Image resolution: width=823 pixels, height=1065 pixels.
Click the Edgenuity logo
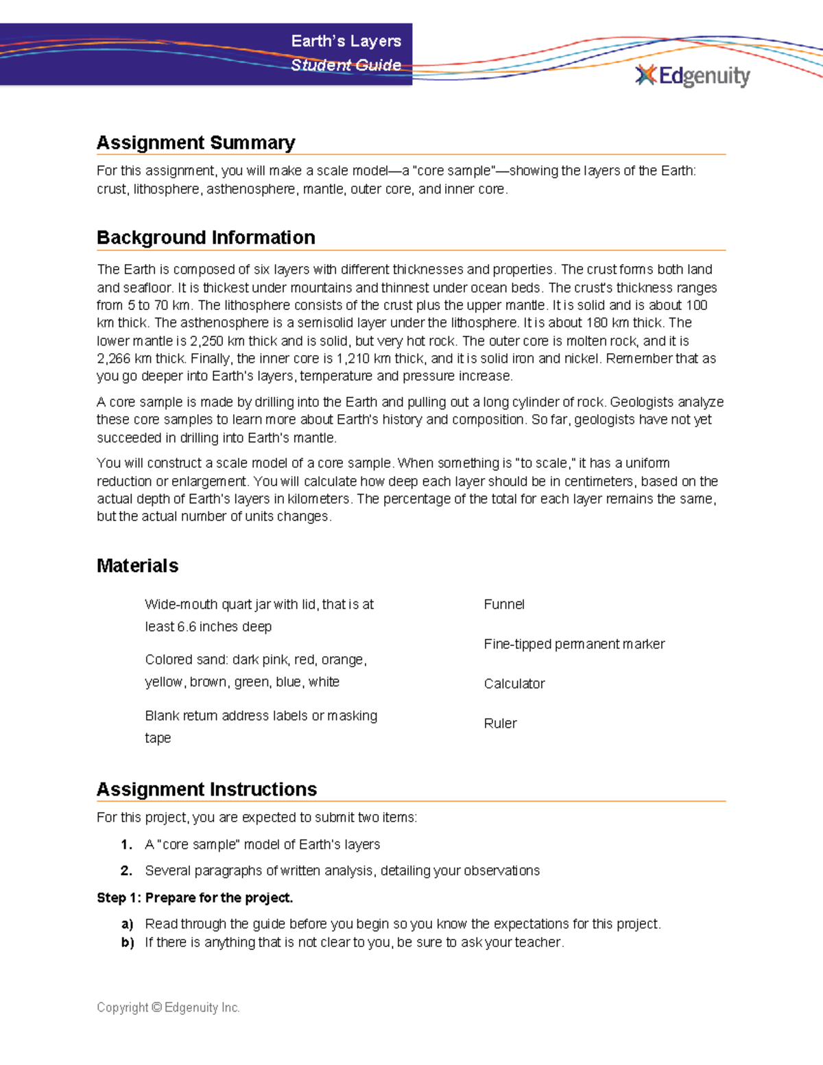693,75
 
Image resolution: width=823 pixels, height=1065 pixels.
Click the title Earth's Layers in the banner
346,41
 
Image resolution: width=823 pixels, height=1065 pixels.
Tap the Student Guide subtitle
346,65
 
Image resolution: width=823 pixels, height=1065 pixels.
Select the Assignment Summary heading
195,143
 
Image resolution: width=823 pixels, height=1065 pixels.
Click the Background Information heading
206,237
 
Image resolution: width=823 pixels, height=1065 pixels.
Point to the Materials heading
137,566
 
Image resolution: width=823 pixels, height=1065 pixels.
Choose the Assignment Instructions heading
206,789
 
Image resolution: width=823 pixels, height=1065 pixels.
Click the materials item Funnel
504,604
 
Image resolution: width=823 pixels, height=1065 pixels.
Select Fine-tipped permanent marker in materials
574,644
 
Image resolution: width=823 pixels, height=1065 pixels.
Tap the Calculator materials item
514,684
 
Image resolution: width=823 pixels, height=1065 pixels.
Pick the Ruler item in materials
500,723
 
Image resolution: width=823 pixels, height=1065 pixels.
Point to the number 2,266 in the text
113,359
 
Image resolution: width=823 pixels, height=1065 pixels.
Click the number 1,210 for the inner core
353,359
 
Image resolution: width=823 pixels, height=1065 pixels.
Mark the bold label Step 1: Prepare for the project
195,898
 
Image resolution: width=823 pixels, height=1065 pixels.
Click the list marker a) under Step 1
127,924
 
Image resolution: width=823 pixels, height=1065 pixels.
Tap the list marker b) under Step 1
127,942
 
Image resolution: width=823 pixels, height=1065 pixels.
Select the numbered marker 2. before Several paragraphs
126,871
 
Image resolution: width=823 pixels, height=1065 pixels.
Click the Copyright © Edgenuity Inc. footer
168,1007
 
